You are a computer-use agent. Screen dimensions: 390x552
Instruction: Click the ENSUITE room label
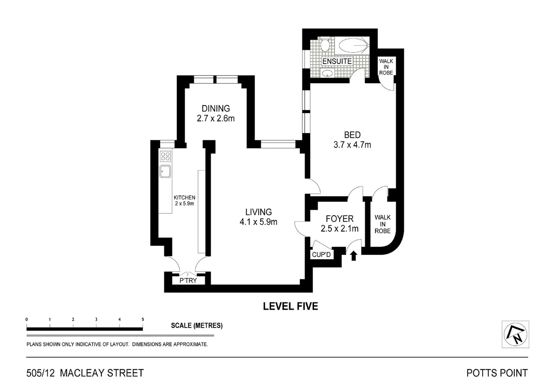[337, 61]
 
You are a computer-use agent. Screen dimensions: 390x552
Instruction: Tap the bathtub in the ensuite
[353, 46]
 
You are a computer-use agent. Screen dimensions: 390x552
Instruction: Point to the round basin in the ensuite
[327, 74]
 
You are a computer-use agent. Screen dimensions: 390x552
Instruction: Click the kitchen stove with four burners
[165, 156]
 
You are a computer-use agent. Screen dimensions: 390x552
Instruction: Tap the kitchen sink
[165, 171]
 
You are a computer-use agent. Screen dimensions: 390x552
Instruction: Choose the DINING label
[216, 108]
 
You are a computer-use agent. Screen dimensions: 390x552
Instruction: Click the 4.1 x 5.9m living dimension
[258, 222]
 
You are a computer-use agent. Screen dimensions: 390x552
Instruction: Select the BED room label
[352, 135]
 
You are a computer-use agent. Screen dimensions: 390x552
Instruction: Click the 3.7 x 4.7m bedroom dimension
[352, 145]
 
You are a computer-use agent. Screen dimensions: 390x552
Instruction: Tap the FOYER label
[339, 219]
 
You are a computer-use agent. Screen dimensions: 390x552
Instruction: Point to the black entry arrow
[354, 256]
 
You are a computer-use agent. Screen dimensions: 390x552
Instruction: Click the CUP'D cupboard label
[321, 255]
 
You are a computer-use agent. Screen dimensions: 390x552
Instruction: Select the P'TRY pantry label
[188, 281]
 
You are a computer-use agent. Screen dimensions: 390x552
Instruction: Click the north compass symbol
[515, 334]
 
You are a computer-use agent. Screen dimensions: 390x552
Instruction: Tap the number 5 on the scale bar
[143, 320]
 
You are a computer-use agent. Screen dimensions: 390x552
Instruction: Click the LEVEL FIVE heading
[290, 307]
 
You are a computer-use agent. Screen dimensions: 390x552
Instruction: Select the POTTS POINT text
[497, 373]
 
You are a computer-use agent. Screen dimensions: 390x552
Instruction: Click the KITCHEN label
[184, 198]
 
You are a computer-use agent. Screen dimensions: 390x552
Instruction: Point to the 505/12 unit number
[40, 373]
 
